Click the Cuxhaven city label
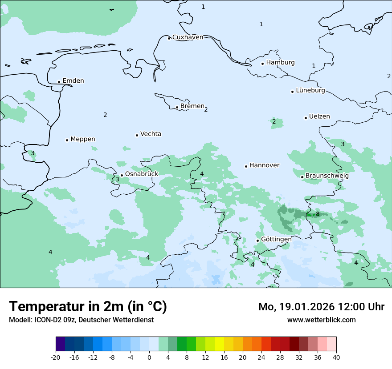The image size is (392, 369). pos(188,37)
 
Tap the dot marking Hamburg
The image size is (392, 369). pos(263,64)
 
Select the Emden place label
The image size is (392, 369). pos(73,81)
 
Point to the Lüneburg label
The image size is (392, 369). pos(310,91)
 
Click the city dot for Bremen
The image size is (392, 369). pos(177,107)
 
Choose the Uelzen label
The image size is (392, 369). pos(319,117)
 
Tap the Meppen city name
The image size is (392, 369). pos(82,139)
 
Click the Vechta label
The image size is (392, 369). pos(151,134)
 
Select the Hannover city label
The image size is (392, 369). pos(264,165)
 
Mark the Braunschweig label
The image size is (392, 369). pos(327,176)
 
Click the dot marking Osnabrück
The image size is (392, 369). pos(122,175)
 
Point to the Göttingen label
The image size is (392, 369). pos(276,239)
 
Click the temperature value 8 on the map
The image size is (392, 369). pos(318,214)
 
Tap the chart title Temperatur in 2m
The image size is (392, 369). pos(88,306)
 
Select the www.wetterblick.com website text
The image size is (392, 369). pos(321,320)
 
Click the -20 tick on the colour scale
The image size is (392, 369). pos(56,357)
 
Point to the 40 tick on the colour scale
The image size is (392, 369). pos(336,357)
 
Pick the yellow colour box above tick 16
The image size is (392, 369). pos(219,344)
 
